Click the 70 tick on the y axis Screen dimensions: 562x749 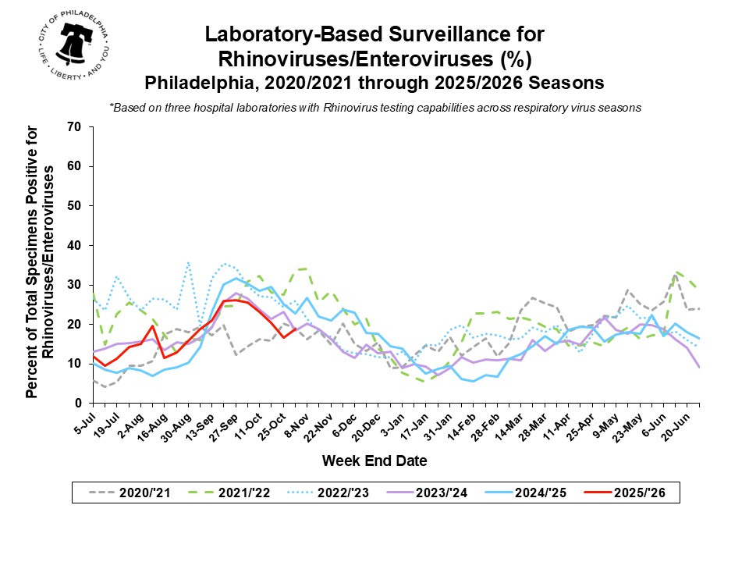(x=76, y=126)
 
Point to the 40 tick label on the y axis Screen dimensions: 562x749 (x=76, y=245)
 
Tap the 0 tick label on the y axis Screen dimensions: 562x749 (x=79, y=403)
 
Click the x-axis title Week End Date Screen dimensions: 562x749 (x=374, y=461)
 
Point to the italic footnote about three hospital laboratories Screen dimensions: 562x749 (x=374, y=108)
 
